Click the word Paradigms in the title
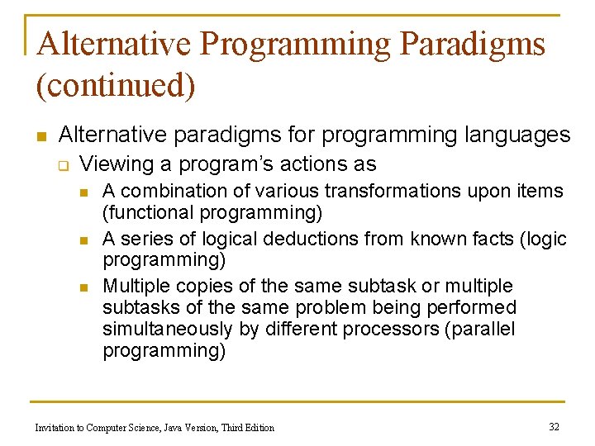tap(473, 45)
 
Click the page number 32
tap(554, 426)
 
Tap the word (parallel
tap(485, 329)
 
